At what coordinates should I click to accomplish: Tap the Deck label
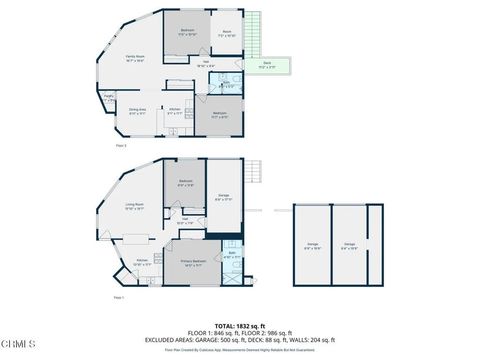click(267, 65)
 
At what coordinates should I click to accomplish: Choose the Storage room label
click(224, 196)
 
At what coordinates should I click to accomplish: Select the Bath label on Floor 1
click(230, 255)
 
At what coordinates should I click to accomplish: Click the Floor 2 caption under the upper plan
click(121, 146)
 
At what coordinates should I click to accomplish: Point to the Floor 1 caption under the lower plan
click(118, 297)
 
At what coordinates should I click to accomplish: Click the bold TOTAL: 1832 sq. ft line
click(239, 325)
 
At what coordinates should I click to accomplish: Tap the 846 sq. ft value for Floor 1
click(219, 332)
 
